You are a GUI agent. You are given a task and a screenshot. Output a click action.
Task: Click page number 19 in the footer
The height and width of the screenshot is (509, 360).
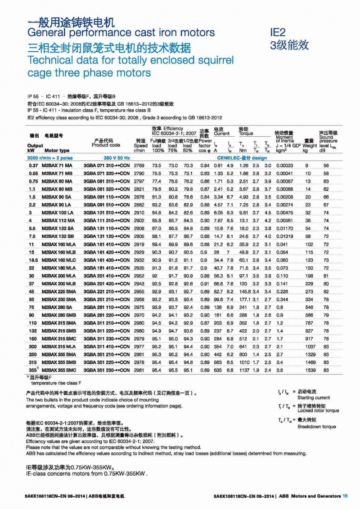(x=345, y=496)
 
